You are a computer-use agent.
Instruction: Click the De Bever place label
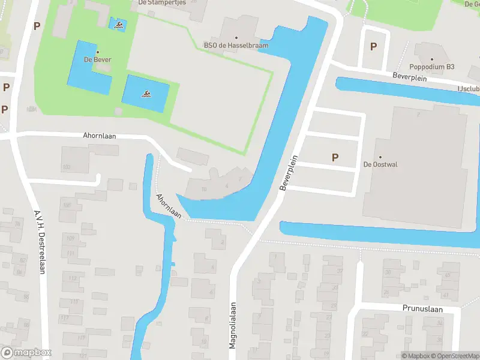click(97, 59)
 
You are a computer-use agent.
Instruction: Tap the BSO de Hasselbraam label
click(236, 45)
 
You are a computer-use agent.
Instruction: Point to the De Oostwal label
click(380, 164)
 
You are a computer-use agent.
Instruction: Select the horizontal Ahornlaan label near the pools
click(100, 136)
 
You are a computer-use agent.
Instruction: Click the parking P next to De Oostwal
click(335, 157)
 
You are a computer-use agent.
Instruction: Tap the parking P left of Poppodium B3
click(374, 46)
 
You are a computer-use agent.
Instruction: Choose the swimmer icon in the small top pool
click(119, 25)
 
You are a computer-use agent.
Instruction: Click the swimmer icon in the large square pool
click(146, 93)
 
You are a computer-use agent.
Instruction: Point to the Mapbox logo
click(26, 353)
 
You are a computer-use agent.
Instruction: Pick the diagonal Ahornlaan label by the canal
click(169, 205)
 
